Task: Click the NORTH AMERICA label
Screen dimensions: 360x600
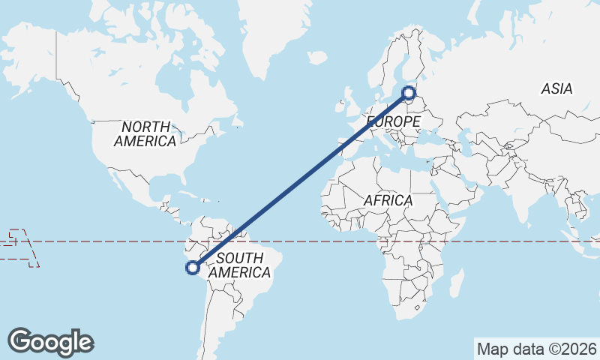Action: click(145, 133)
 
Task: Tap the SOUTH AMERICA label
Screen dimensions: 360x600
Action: click(238, 265)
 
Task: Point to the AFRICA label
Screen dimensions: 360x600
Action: click(388, 200)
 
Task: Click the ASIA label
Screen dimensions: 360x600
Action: click(556, 88)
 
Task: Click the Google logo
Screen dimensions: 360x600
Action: click(50, 342)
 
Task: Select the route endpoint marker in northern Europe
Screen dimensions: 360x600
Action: click(409, 93)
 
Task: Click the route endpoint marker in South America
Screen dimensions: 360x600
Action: click(193, 266)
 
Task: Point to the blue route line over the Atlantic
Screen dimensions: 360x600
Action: click(300, 180)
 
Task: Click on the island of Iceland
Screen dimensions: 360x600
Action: click(317, 57)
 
